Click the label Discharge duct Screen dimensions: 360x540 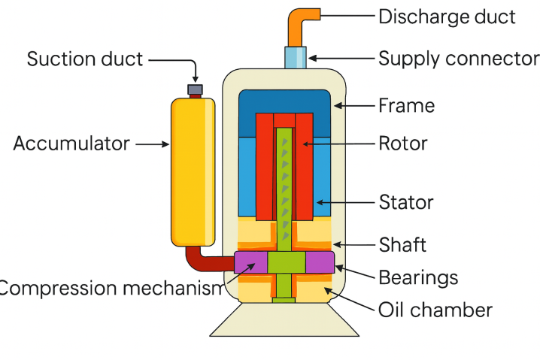pos(447,17)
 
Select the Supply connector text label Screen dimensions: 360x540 pos(458,59)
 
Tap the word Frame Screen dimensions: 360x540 pos(406,105)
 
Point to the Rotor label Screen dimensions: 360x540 pos(402,143)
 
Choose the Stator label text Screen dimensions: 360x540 pos(406,202)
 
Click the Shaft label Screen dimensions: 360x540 pos(402,244)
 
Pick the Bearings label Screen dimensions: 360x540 pos(418,277)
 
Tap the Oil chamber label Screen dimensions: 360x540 pos(435,309)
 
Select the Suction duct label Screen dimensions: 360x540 pos(85,59)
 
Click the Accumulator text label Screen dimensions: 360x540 pos(71,144)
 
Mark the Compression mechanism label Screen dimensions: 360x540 pos(111,289)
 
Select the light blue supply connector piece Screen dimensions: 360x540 pos(296,57)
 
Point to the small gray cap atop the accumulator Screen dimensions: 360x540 pos(195,89)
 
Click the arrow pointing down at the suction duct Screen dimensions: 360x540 pos(195,71)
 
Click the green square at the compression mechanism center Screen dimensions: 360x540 pos(287,263)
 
